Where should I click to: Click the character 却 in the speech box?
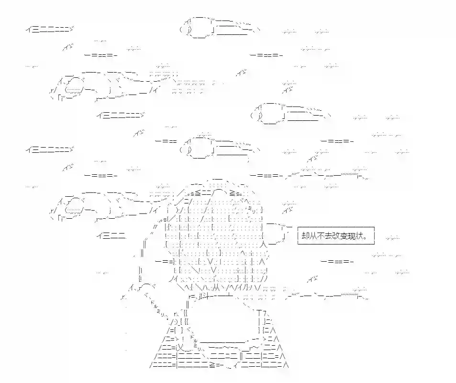click(305, 236)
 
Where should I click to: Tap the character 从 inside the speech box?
click(312, 236)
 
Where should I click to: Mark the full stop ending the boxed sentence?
click(365, 238)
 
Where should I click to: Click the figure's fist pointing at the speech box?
click(276, 233)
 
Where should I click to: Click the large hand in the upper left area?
click(111, 85)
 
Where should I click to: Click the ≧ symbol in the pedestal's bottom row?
click(212, 364)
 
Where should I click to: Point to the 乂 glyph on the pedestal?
click(180, 347)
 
